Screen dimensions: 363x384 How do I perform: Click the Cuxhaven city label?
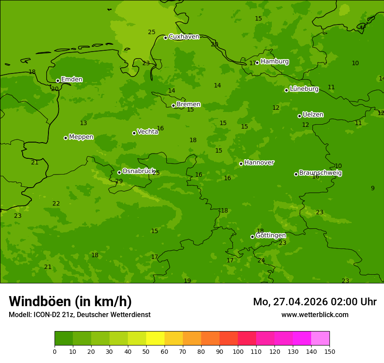point(184,37)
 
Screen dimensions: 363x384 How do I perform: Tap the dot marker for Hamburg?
point(257,63)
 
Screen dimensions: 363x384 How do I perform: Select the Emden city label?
point(72,80)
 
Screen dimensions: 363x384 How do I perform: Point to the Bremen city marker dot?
point(173,105)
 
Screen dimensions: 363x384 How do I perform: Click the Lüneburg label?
point(304,89)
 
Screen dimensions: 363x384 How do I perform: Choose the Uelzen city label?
point(313,115)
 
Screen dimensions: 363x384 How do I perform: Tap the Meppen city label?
point(81,137)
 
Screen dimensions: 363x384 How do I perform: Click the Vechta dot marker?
point(134,133)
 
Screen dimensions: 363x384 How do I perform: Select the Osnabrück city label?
point(139,171)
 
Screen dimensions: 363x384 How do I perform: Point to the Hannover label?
point(259,163)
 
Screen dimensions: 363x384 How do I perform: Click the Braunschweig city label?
point(320,173)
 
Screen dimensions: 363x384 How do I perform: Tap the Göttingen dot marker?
point(252,237)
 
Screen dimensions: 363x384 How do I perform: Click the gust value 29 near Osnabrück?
point(119,181)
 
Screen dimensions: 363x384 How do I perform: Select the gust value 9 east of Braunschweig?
point(373,188)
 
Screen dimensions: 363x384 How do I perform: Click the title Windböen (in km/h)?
point(70,301)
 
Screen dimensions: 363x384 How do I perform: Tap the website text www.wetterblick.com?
point(315,314)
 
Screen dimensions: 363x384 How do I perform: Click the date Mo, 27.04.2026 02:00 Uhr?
point(315,302)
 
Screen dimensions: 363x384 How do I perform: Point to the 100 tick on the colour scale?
point(238,351)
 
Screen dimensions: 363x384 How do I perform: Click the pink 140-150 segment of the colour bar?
point(320,339)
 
